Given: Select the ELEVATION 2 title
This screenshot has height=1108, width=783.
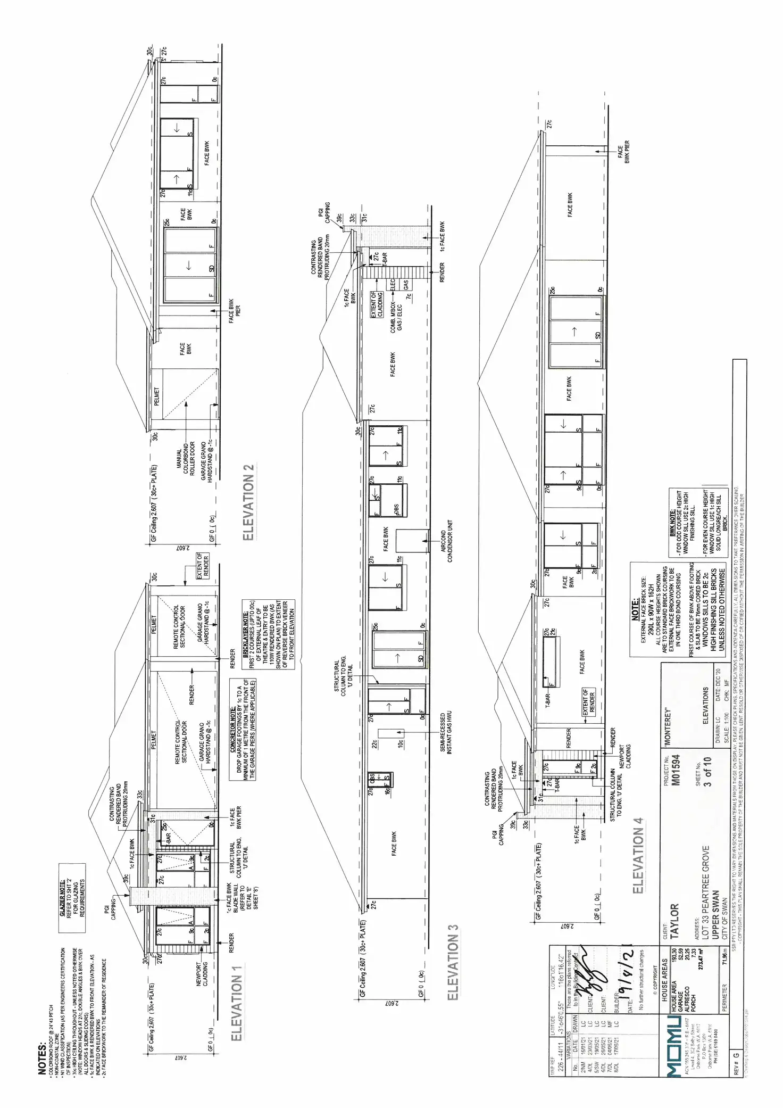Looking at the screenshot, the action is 248,501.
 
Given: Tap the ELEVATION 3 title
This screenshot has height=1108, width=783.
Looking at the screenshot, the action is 453,961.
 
